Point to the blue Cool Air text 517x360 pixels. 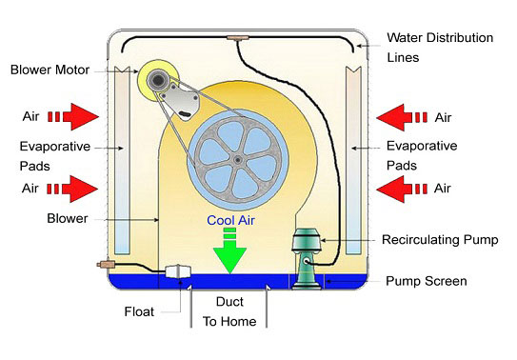point(230,220)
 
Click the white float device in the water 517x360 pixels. point(178,272)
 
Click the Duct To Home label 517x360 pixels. point(229,311)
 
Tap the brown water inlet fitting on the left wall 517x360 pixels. point(102,264)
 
